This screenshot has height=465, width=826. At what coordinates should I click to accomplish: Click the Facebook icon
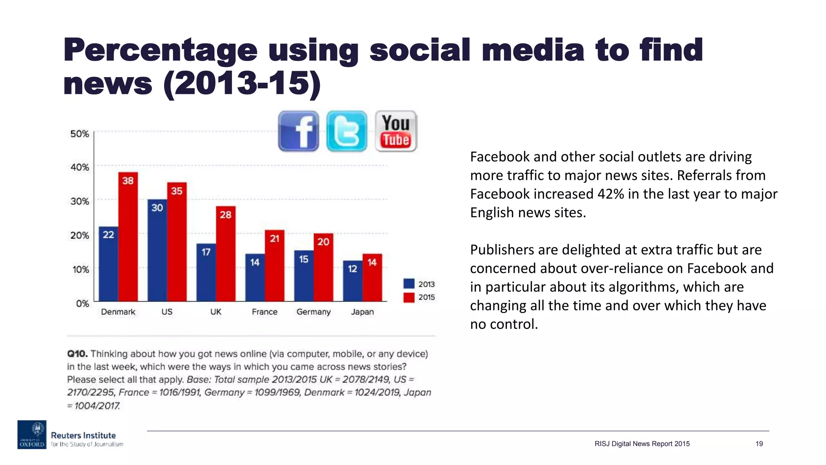298,131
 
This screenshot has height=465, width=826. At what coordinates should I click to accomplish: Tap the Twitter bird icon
346,131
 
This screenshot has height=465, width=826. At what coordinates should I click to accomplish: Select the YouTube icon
396,131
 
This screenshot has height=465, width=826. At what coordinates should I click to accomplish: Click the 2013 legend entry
419,284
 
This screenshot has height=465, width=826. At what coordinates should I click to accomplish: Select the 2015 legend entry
419,297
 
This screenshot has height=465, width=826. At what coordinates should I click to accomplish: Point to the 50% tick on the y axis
79,134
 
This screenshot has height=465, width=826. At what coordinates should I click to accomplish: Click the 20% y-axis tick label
79,235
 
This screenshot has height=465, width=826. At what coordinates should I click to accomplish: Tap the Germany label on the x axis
313,312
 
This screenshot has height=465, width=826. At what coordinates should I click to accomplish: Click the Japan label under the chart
362,312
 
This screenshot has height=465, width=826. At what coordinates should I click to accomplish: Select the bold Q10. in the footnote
77,354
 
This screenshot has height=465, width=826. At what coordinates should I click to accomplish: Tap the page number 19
759,444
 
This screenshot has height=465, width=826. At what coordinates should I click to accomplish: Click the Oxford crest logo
32,434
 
